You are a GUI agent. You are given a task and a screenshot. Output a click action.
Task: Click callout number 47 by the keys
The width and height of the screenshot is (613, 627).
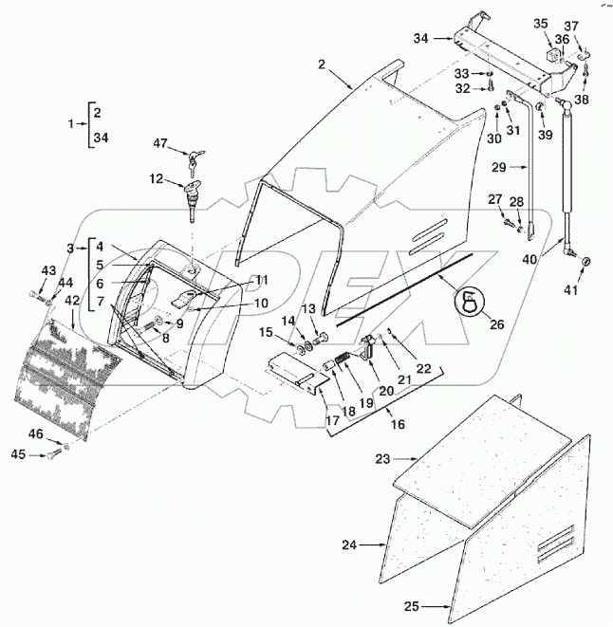[x=161, y=143]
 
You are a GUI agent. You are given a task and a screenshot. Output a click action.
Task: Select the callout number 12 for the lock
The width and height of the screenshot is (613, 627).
[x=155, y=177]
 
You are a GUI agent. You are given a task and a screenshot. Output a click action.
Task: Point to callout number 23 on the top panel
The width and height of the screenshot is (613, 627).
[x=381, y=458]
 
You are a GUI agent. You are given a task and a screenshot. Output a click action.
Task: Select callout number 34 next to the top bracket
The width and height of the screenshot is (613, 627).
[x=421, y=38]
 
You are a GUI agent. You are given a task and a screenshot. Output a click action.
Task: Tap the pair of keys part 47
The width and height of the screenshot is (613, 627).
[x=196, y=160]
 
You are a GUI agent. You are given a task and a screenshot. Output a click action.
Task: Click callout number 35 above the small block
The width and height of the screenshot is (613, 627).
[x=540, y=23]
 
